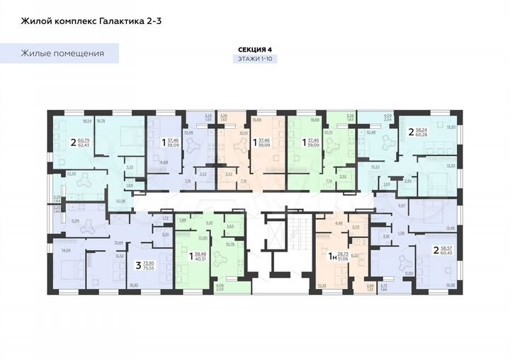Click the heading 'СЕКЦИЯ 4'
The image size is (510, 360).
(255, 49)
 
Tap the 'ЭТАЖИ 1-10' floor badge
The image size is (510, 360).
(255, 60)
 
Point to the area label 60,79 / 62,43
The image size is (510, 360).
(79, 141)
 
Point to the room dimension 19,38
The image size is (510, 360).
(451, 284)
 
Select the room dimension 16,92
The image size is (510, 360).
(133, 285)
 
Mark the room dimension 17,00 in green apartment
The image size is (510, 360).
(202, 238)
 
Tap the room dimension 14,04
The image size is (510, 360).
(67, 251)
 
